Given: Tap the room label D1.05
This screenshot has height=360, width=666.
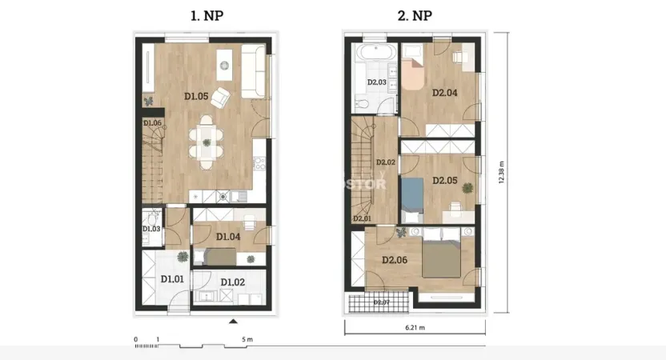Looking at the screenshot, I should coord(196,97).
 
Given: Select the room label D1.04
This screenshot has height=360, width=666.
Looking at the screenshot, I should coord(228,236).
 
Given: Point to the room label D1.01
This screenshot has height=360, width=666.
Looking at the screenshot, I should coord(172,279).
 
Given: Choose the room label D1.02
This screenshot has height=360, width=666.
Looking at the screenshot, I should coord(232,282).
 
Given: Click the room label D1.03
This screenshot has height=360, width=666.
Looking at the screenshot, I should coord(152,230).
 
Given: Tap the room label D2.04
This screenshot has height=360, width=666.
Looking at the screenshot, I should coord(444,93).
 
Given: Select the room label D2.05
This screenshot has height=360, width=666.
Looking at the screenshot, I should coord(444,181).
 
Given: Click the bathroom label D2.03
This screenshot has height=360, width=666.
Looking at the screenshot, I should coord(377,82).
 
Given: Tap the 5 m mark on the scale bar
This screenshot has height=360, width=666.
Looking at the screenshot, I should coord(247,340).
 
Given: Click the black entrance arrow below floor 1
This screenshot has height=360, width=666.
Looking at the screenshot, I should coord(233,321).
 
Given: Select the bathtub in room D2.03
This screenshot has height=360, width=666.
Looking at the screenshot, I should coord(376,54).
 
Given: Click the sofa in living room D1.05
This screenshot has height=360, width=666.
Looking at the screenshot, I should coord(254,69).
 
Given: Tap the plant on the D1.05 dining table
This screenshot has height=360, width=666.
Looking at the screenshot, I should coord(207,142).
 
